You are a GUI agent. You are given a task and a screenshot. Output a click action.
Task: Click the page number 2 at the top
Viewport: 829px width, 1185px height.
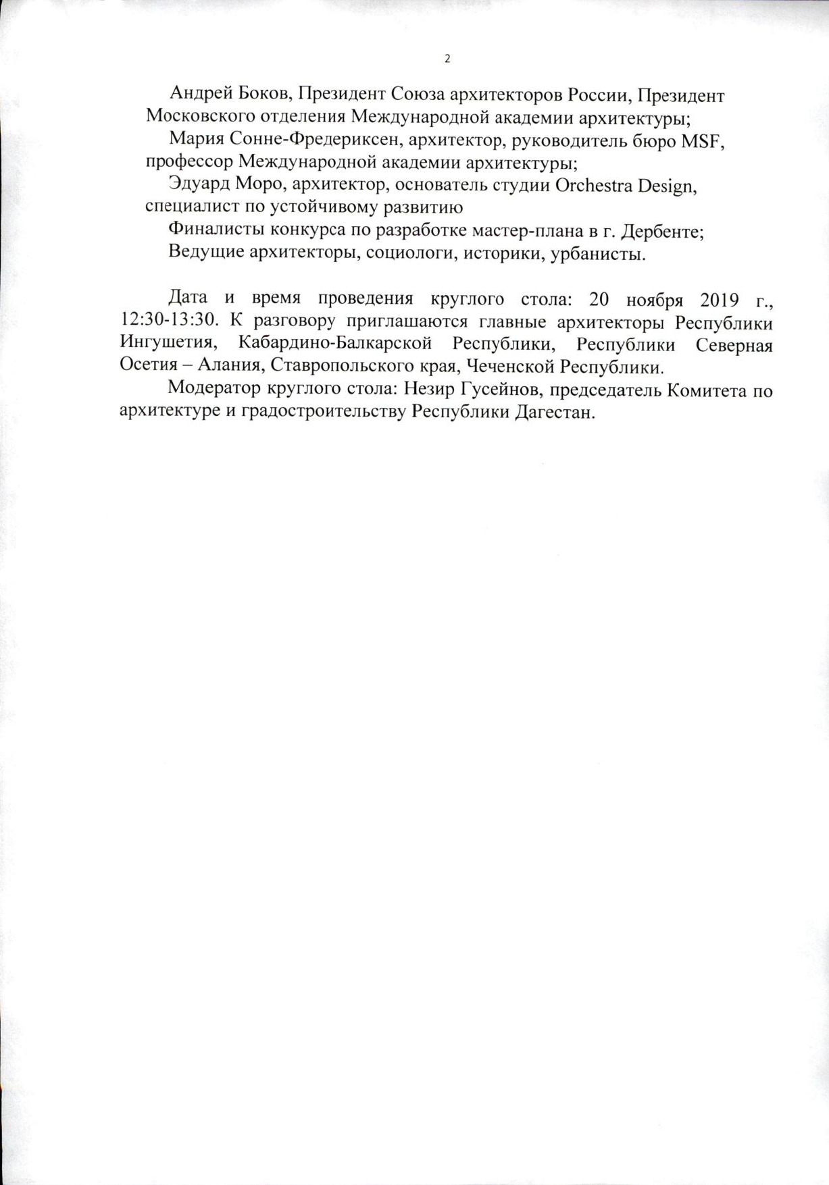tap(447, 59)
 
